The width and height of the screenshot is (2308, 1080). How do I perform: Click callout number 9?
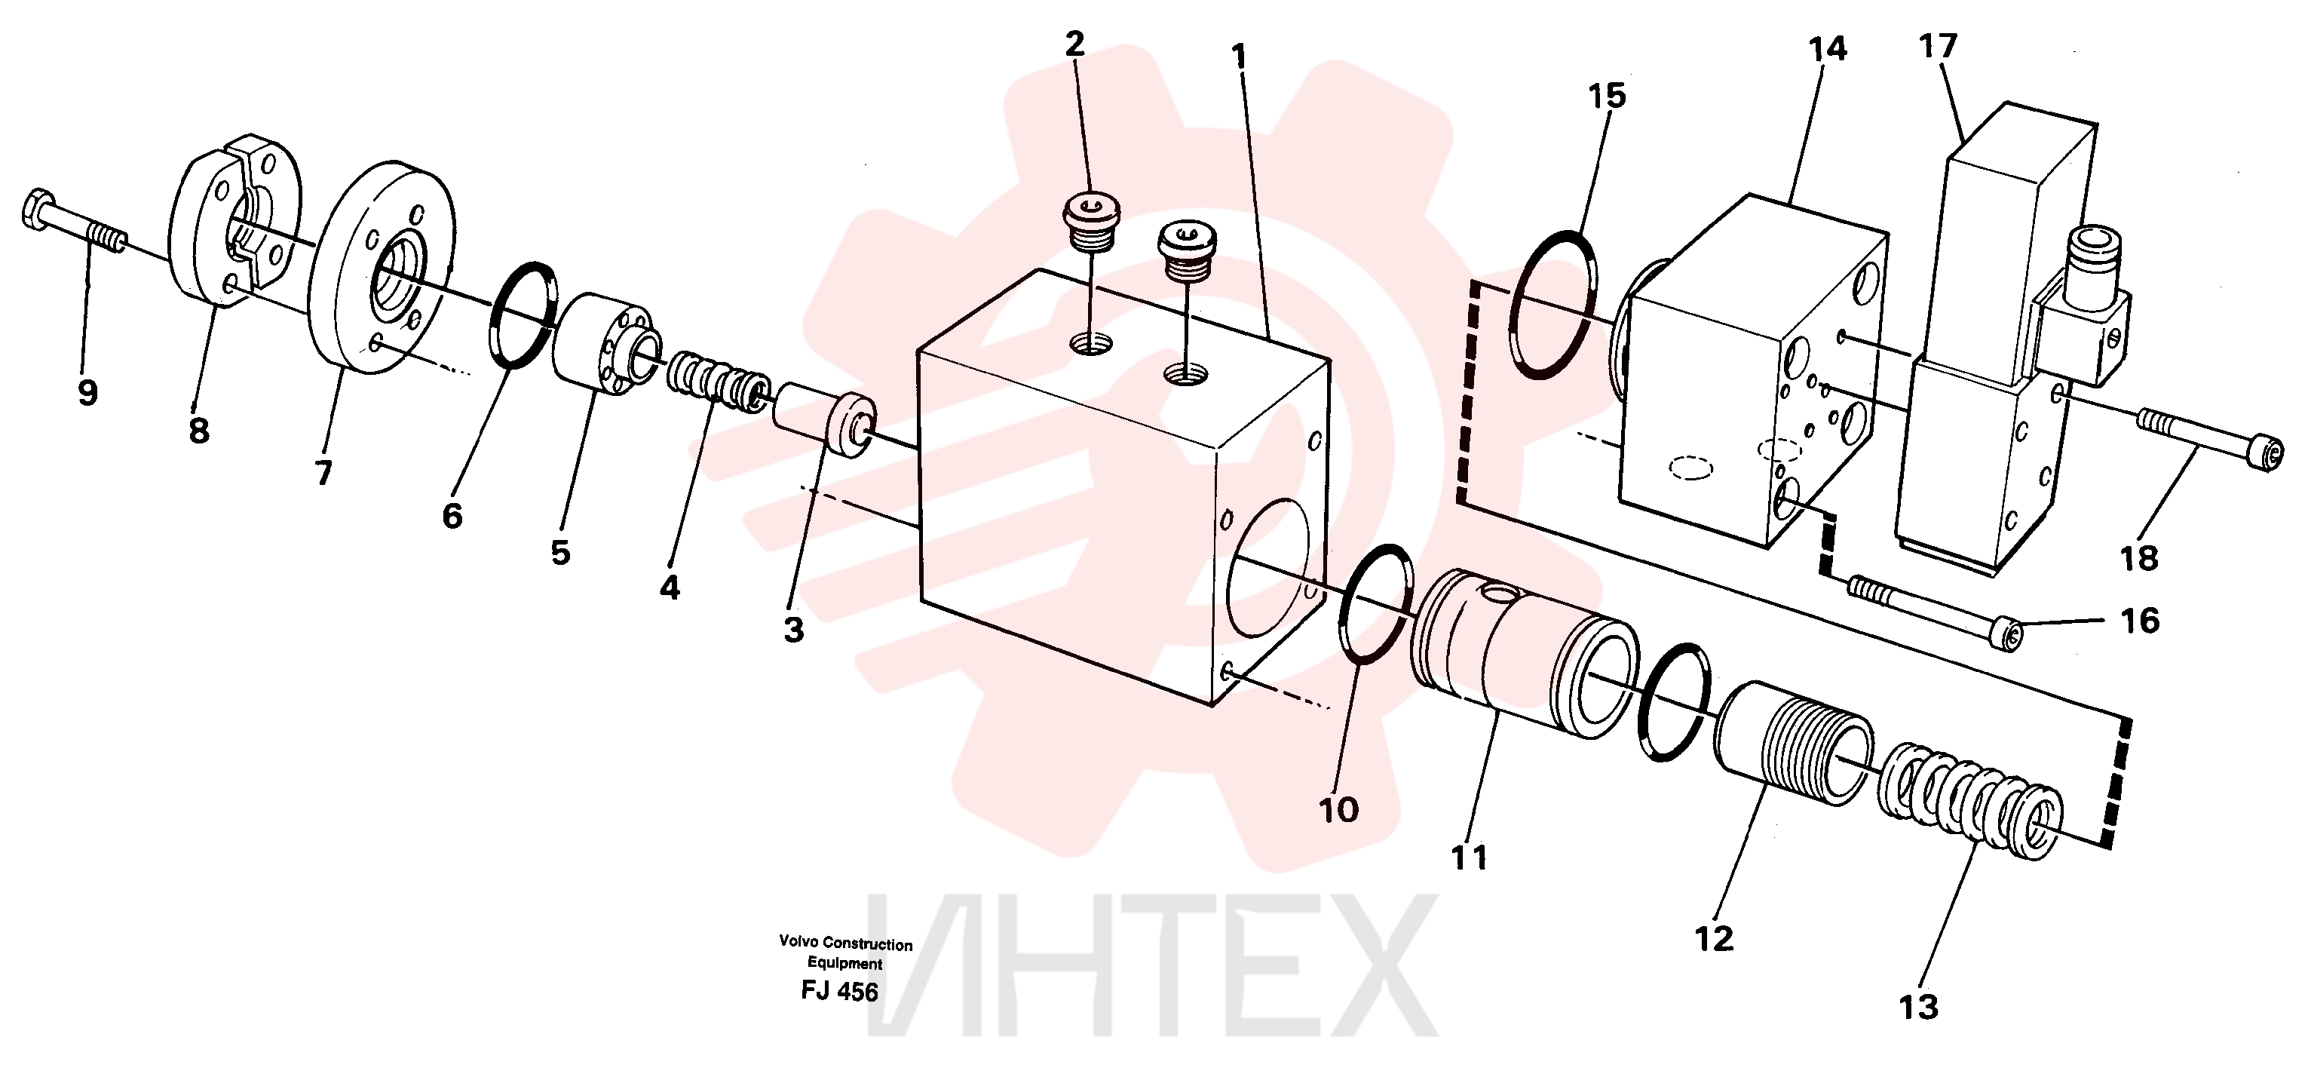(87, 393)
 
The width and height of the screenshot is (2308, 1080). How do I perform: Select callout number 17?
(1938, 46)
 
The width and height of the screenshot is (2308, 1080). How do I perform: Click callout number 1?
(1239, 57)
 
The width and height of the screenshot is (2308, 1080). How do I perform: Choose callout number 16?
(2141, 619)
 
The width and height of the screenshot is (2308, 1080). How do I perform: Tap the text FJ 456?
(838, 991)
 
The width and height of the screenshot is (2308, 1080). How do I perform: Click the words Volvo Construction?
(845, 943)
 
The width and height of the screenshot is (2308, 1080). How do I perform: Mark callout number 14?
(1827, 48)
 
